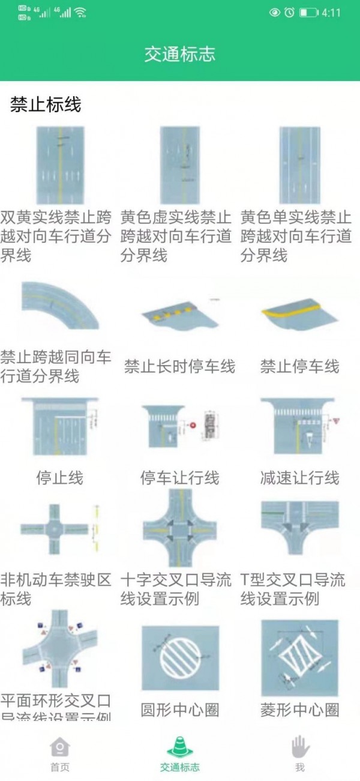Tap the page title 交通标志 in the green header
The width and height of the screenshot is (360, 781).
[179, 55]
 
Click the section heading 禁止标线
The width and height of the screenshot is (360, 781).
[46, 105]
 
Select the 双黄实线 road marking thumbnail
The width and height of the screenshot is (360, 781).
[60, 164]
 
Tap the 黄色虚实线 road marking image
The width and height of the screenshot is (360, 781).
[179, 164]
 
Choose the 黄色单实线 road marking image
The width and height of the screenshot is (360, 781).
[299, 164]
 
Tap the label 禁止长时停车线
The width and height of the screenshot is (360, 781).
[179, 366]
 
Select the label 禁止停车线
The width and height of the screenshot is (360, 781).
[299, 366]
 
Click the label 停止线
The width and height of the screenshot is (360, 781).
[60, 478]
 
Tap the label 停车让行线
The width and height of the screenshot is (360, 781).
[179, 478]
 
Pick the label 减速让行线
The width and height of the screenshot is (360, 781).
[299, 478]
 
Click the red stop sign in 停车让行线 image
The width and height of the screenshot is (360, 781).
[193, 425]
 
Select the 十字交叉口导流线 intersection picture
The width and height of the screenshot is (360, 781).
[179, 528]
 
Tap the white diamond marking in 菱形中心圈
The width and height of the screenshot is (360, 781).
[299, 659]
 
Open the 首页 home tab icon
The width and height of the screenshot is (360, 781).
[60, 747]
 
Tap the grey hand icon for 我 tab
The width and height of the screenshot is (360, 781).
[299, 747]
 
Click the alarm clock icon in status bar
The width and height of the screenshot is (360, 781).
[289, 13]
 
